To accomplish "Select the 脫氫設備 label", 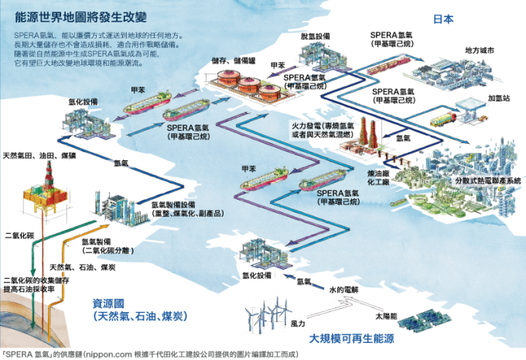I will [x=315, y=35].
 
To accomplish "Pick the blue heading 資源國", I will [x=108, y=303].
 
